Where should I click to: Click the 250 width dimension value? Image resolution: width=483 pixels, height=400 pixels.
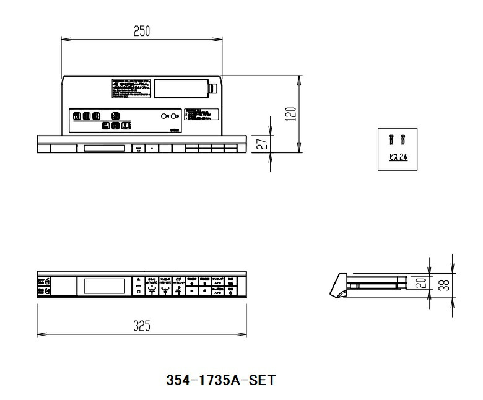click(x=142, y=31)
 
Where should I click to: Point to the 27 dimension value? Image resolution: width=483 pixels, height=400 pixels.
click(x=262, y=144)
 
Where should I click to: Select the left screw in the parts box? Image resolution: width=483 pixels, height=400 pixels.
click(x=392, y=141)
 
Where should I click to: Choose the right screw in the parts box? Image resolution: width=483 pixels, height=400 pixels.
click(x=403, y=141)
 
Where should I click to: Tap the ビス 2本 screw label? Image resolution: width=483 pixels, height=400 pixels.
click(x=398, y=158)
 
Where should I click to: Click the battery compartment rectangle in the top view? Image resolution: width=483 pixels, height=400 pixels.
click(x=180, y=88)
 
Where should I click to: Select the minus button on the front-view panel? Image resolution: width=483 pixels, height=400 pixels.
click(x=192, y=291)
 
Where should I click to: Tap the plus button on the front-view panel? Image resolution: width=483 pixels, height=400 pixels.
click(x=192, y=284)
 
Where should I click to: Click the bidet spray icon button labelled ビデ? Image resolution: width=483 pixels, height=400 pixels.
click(x=178, y=290)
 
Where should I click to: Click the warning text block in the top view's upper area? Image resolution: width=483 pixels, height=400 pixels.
click(x=131, y=88)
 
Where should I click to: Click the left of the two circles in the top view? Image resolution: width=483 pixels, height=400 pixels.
click(x=164, y=116)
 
